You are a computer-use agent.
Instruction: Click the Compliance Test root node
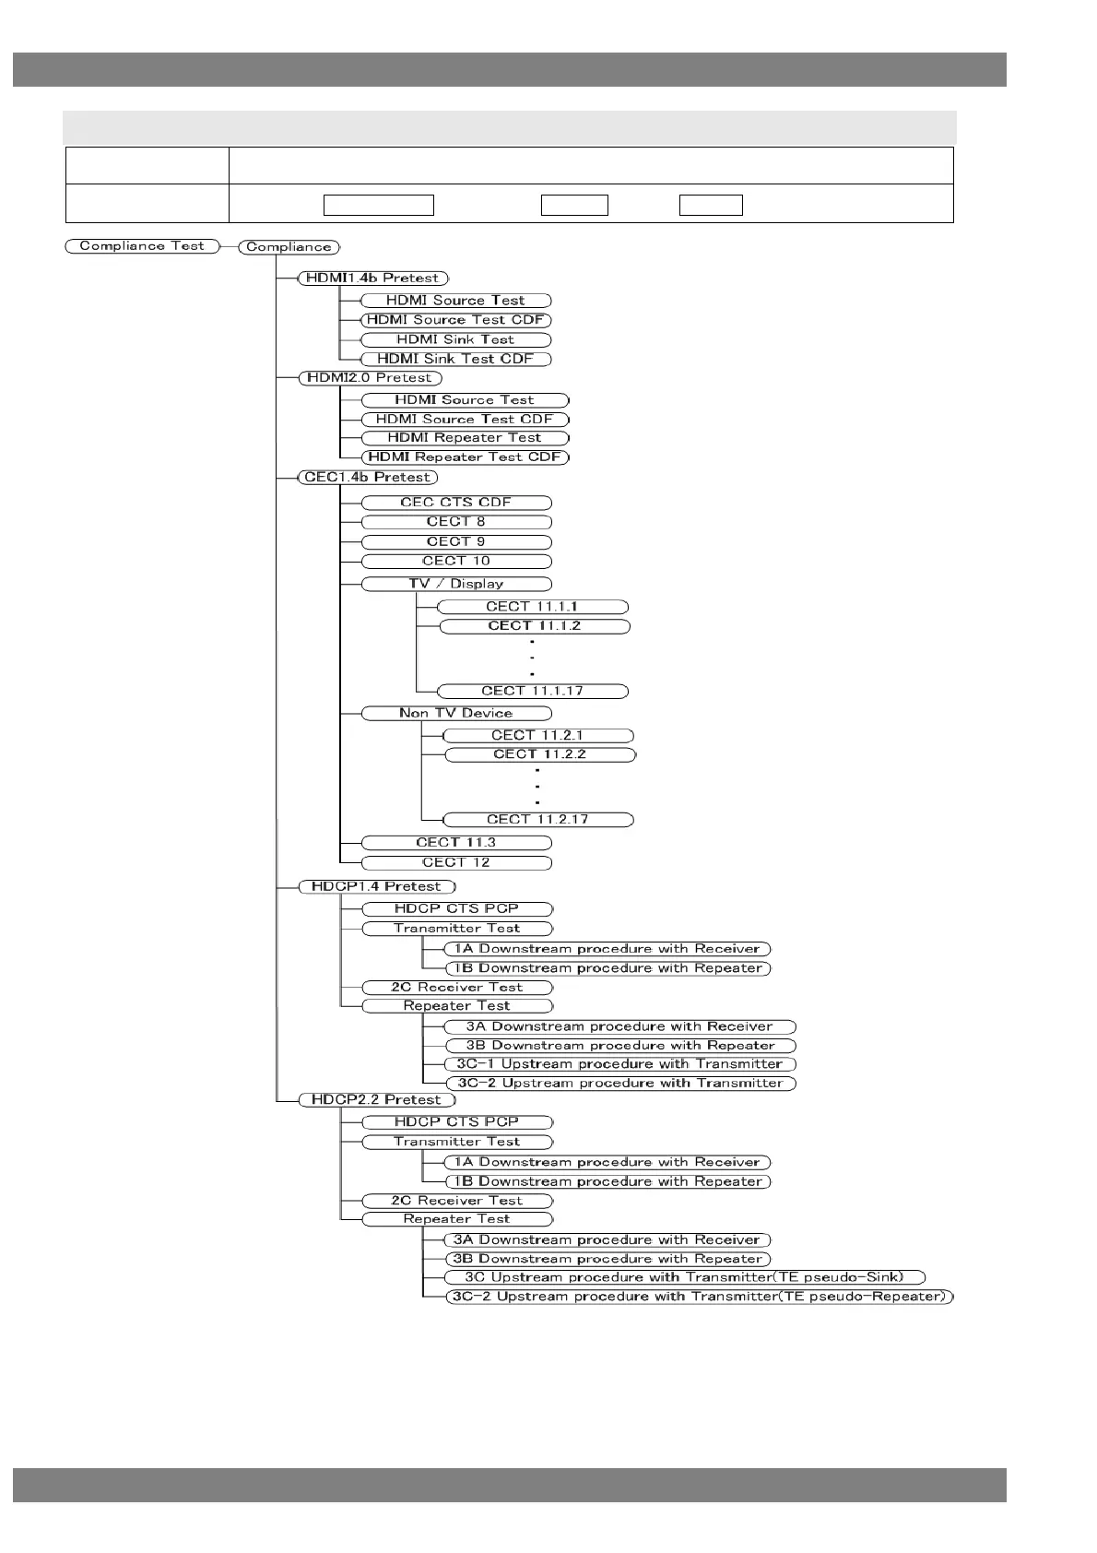click(x=142, y=246)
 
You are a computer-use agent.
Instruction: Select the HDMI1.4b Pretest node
click(x=372, y=278)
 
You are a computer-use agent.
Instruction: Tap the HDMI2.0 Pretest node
click(x=370, y=378)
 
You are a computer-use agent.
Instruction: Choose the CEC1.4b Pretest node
click(x=368, y=478)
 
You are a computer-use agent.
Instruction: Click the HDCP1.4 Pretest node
click(x=376, y=887)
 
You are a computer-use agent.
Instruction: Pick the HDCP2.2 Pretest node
click(x=376, y=1100)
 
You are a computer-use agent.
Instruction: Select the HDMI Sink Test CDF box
click(x=455, y=359)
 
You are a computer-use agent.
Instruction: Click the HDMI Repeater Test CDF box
click(x=465, y=457)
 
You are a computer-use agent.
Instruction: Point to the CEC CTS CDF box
click(x=455, y=503)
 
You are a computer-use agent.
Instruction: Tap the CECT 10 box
click(x=455, y=562)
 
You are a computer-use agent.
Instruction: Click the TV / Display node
click(x=455, y=584)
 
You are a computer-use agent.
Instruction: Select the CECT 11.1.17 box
click(x=532, y=691)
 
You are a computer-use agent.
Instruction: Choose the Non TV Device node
click(x=455, y=713)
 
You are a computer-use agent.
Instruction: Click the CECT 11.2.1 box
click(x=537, y=736)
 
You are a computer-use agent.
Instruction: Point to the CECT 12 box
click(x=455, y=863)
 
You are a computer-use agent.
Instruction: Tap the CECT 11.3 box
click(x=455, y=843)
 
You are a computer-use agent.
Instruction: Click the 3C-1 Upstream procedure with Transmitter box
click(x=619, y=1064)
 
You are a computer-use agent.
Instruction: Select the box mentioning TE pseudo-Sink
click(x=683, y=1277)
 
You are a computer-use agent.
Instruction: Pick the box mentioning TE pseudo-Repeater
click(x=700, y=1297)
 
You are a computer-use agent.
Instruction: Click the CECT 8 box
click(x=455, y=522)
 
